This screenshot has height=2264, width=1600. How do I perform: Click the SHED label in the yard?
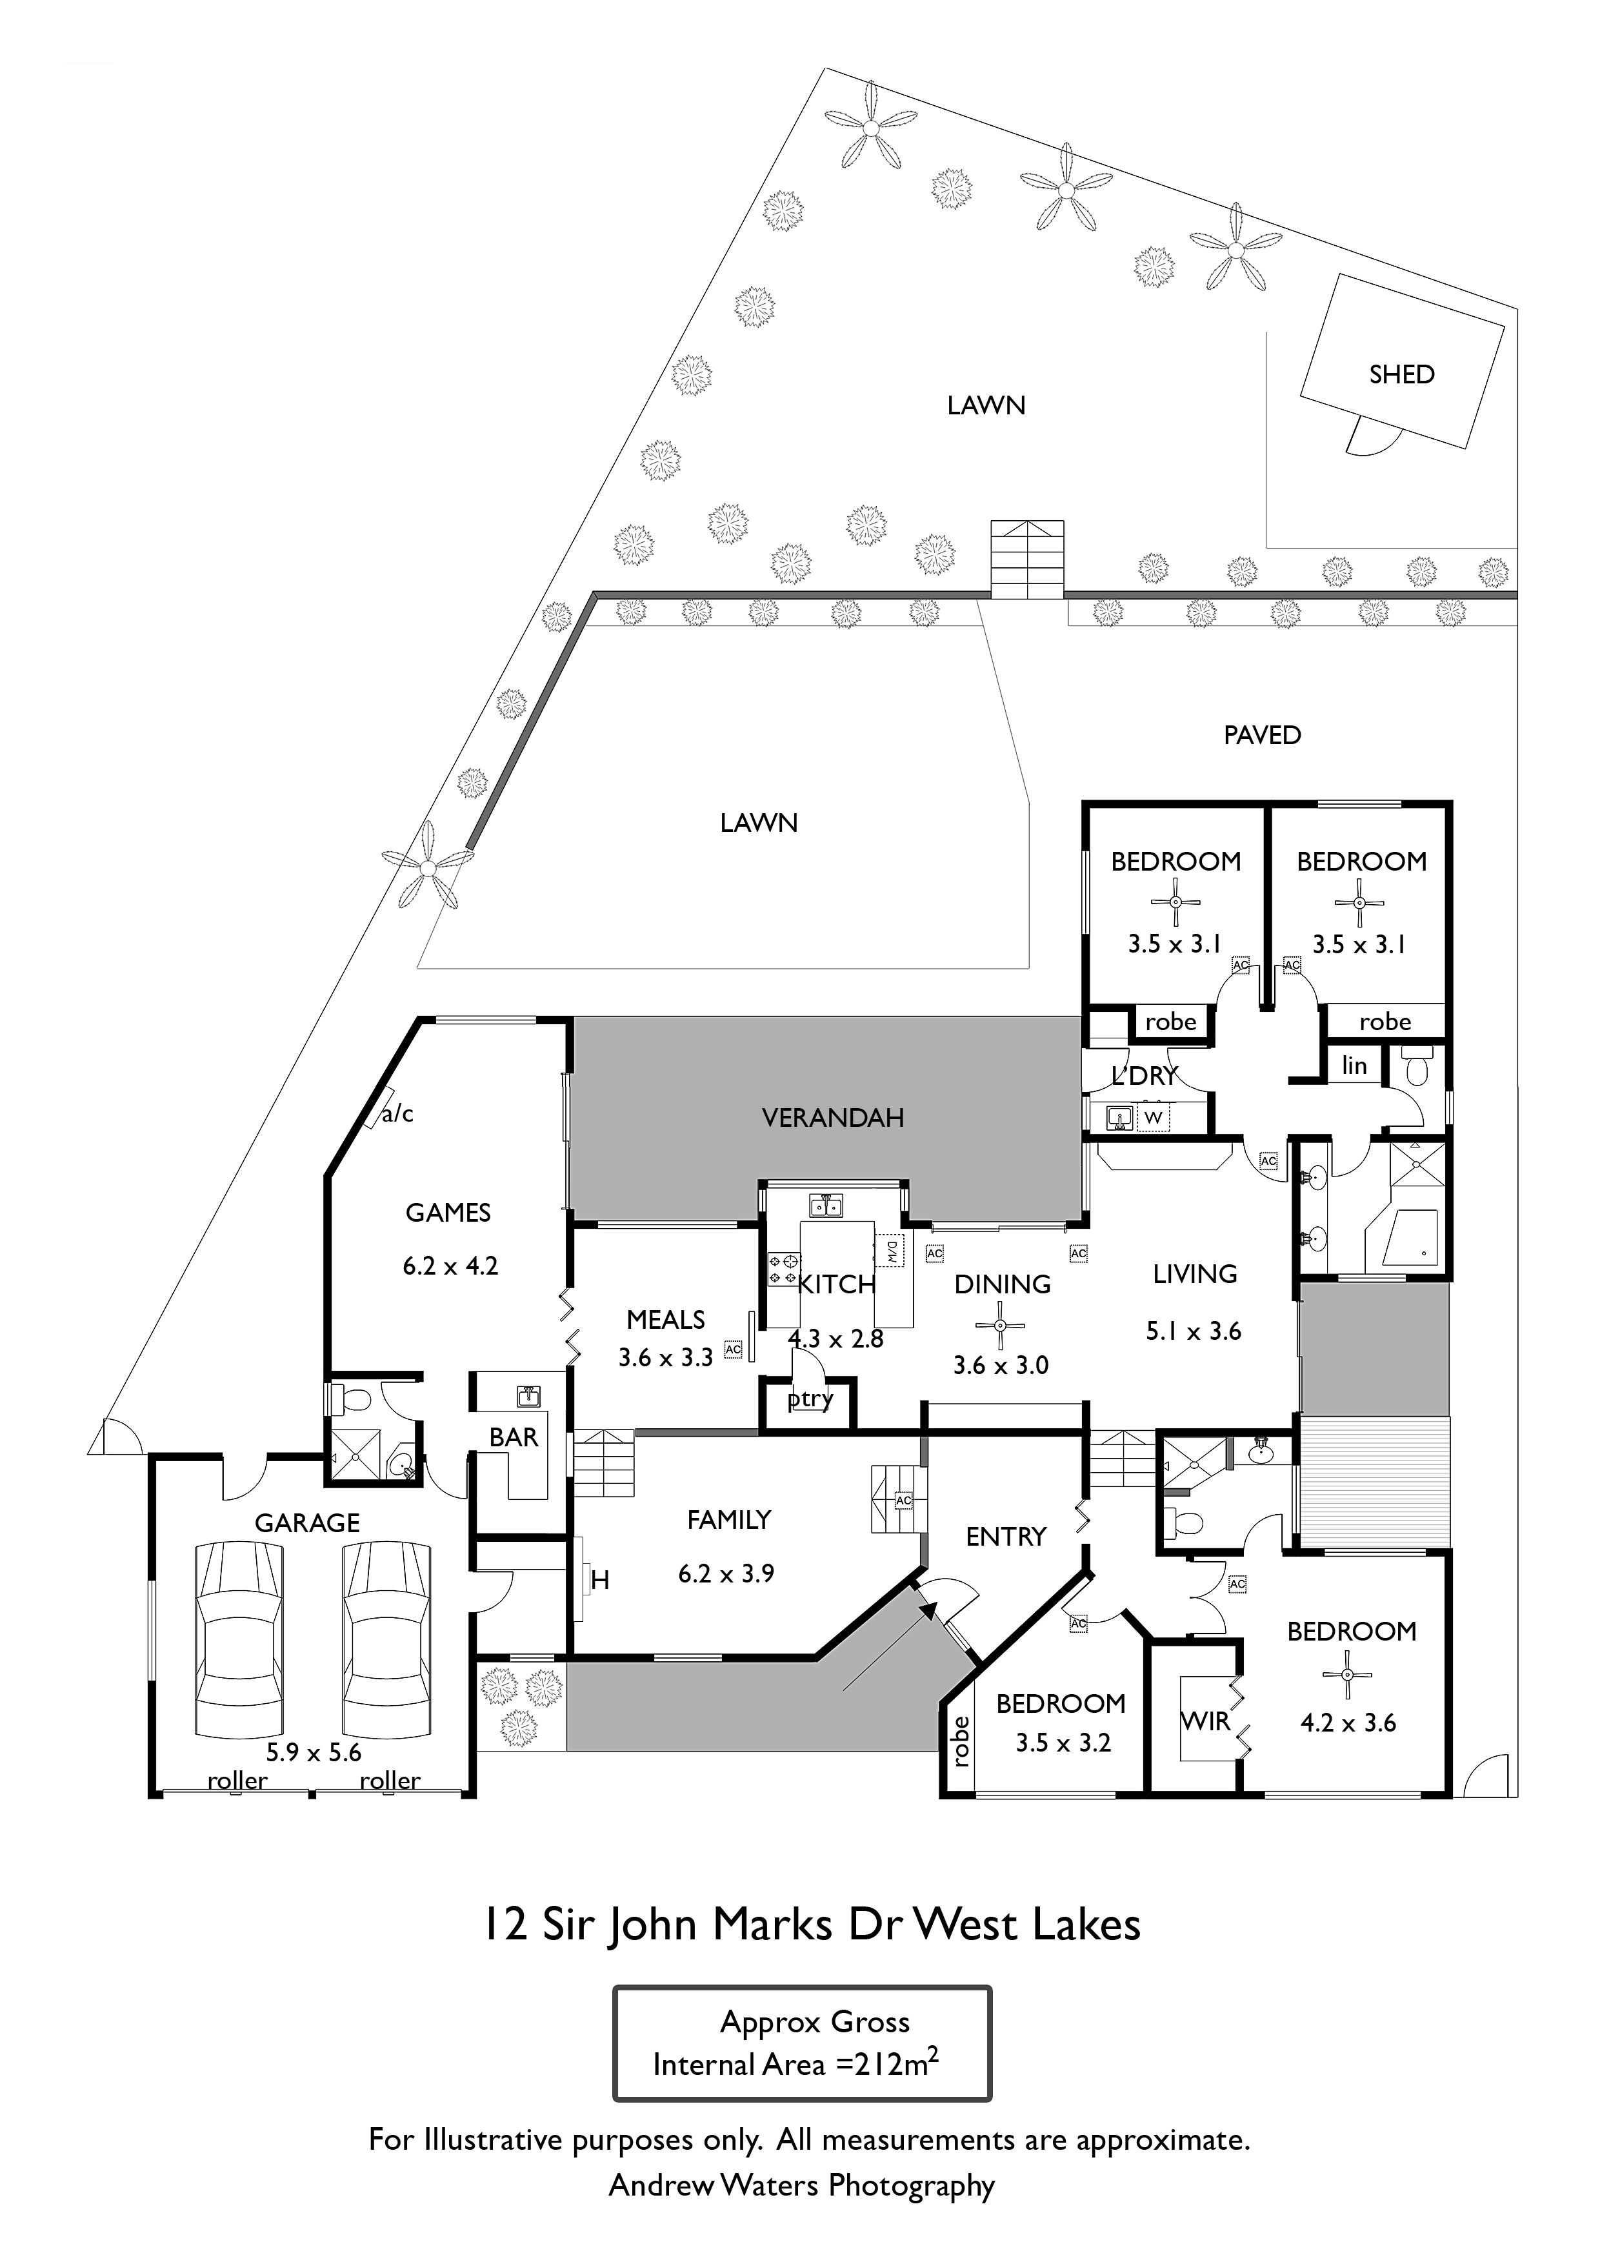pyautogui.click(x=1401, y=375)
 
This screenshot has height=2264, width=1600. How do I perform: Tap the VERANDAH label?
pyautogui.click(x=833, y=1117)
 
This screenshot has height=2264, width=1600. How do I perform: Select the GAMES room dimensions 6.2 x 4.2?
pyautogui.click(x=450, y=1266)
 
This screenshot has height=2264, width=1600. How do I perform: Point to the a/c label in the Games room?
pyautogui.click(x=397, y=1113)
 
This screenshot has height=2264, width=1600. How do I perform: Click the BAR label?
pyautogui.click(x=514, y=1438)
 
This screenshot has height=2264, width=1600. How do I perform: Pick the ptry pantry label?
pyautogui.click(x=810, y=1399)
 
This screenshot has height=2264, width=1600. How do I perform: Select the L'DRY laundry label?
pyautogui.click(x=1145, y=1076)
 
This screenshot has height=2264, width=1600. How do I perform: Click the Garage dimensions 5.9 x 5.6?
pyautogui.click(x=314, y=1752)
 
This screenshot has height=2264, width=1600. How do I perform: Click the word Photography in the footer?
pyautogui.click(x=911, y=2186)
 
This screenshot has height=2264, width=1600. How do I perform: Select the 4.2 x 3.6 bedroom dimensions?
pyautogui.click(x=1348, y=1723)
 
